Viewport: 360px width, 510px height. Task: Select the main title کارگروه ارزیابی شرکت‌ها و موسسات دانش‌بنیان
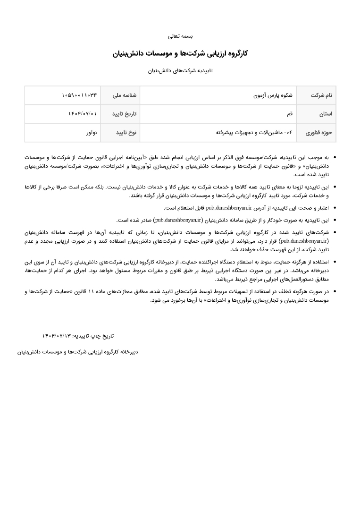pyautogui.click(x=180, y=53)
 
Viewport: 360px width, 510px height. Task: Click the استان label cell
pyautogui.click(x=326, y=114)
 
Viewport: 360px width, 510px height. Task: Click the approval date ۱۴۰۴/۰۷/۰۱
pyautogui.click(x=83, y=114)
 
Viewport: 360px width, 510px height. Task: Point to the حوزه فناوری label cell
pyautogui.click(x=321, y=133)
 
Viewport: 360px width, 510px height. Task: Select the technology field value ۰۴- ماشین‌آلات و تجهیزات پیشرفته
pyautogui.click(x=254, y=133)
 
